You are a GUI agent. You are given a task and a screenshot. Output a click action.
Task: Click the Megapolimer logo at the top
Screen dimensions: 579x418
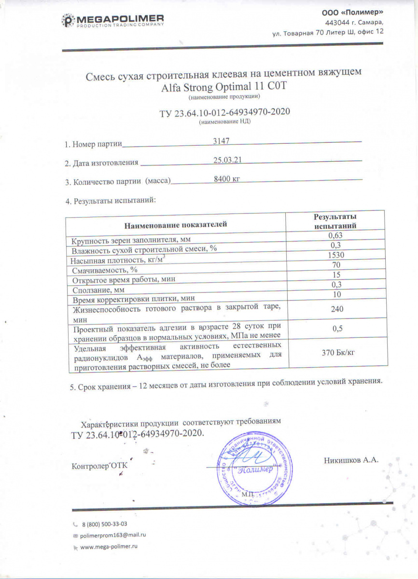114,21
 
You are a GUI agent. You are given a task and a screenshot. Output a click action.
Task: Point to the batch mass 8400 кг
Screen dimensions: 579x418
227,179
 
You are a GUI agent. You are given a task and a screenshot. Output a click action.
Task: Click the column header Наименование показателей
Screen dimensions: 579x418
175,224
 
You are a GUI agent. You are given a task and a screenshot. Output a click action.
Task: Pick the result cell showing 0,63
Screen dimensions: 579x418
335,235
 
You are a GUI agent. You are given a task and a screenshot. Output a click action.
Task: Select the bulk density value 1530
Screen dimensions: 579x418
335,255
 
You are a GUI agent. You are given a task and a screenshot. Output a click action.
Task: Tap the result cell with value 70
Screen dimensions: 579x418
335,265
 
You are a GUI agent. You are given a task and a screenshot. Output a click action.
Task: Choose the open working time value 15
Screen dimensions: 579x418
335,275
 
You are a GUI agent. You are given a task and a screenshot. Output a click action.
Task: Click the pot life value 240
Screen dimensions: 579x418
335,309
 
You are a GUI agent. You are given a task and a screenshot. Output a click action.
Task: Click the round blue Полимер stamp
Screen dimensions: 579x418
256,468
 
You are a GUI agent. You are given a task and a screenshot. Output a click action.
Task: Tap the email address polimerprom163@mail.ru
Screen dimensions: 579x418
113,535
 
